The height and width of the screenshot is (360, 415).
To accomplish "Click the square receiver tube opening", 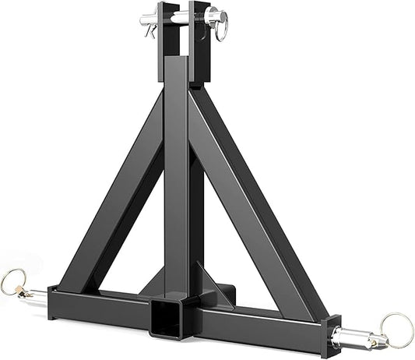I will pos(165,319).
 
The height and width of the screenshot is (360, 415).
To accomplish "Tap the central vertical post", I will pos(176,179).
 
